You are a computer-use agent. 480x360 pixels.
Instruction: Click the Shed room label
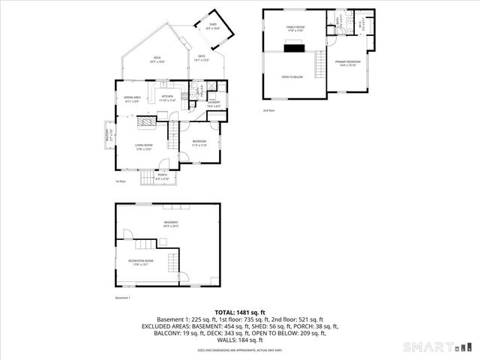pyautogui.click(x=212, y=27)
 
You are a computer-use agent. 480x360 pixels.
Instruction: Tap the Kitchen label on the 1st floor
pyautogui.click(x=167, y=97)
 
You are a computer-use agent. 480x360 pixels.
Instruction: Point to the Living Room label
pyautogui.click(x=145, y=147)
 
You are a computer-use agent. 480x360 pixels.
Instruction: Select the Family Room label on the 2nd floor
pyautogui.click(x=295, y=28)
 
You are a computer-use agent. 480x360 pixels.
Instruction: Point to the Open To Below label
pyautogui.click(x=292, y=76)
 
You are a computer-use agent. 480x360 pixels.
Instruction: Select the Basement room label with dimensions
pyautogui.click(x=172, y=223)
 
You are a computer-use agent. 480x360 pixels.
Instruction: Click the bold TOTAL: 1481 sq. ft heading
pyautogui.click(x=240, y=312)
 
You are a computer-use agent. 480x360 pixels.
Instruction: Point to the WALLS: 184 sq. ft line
pyautogui.click(x=240, y=340)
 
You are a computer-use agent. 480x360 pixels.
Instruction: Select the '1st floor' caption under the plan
pyautogui.click(x=120, y=181)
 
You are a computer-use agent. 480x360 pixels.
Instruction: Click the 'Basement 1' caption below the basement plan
pyautogui.click(x=123, y=298)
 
